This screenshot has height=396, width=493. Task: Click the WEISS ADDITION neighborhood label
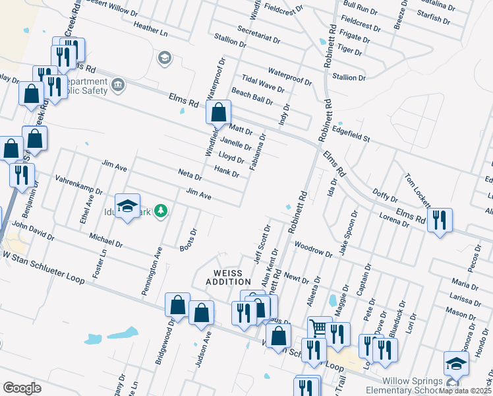[x=227, y=277]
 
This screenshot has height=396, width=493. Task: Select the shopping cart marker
[x=319, y=327]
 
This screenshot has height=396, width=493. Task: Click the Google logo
[x=22, y=388]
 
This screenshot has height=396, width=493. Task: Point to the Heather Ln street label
[x=151, y=30]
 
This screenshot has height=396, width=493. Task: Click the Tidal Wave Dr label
[x=263, y=82]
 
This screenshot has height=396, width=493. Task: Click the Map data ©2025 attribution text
[x=466, y=391]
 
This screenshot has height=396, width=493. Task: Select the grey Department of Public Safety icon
[x=119, y=84]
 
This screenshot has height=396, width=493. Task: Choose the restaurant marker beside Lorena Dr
[x=440, y=219]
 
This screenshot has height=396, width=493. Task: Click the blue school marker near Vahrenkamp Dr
[x=128, y=205]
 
